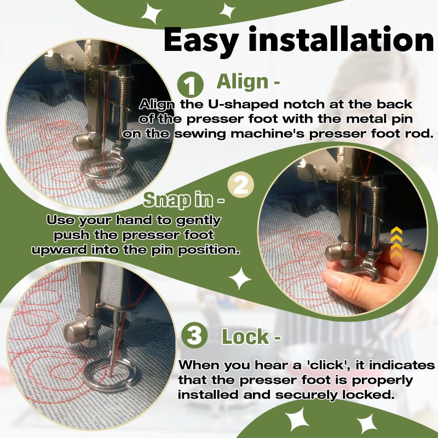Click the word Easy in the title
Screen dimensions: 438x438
click(x=201, y=41)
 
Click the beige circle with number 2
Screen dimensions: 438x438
click(x=241, y=185)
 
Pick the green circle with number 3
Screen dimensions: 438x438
click(x=194, y=335)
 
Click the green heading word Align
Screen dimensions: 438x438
click(x=243, y=81)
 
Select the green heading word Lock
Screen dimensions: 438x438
click(x=245, y=337)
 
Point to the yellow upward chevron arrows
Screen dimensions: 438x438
click(x=396, y=242)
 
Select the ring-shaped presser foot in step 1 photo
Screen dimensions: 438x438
click(x=104, y=167)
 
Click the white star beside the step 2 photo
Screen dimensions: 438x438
click(x=240, y=278)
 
